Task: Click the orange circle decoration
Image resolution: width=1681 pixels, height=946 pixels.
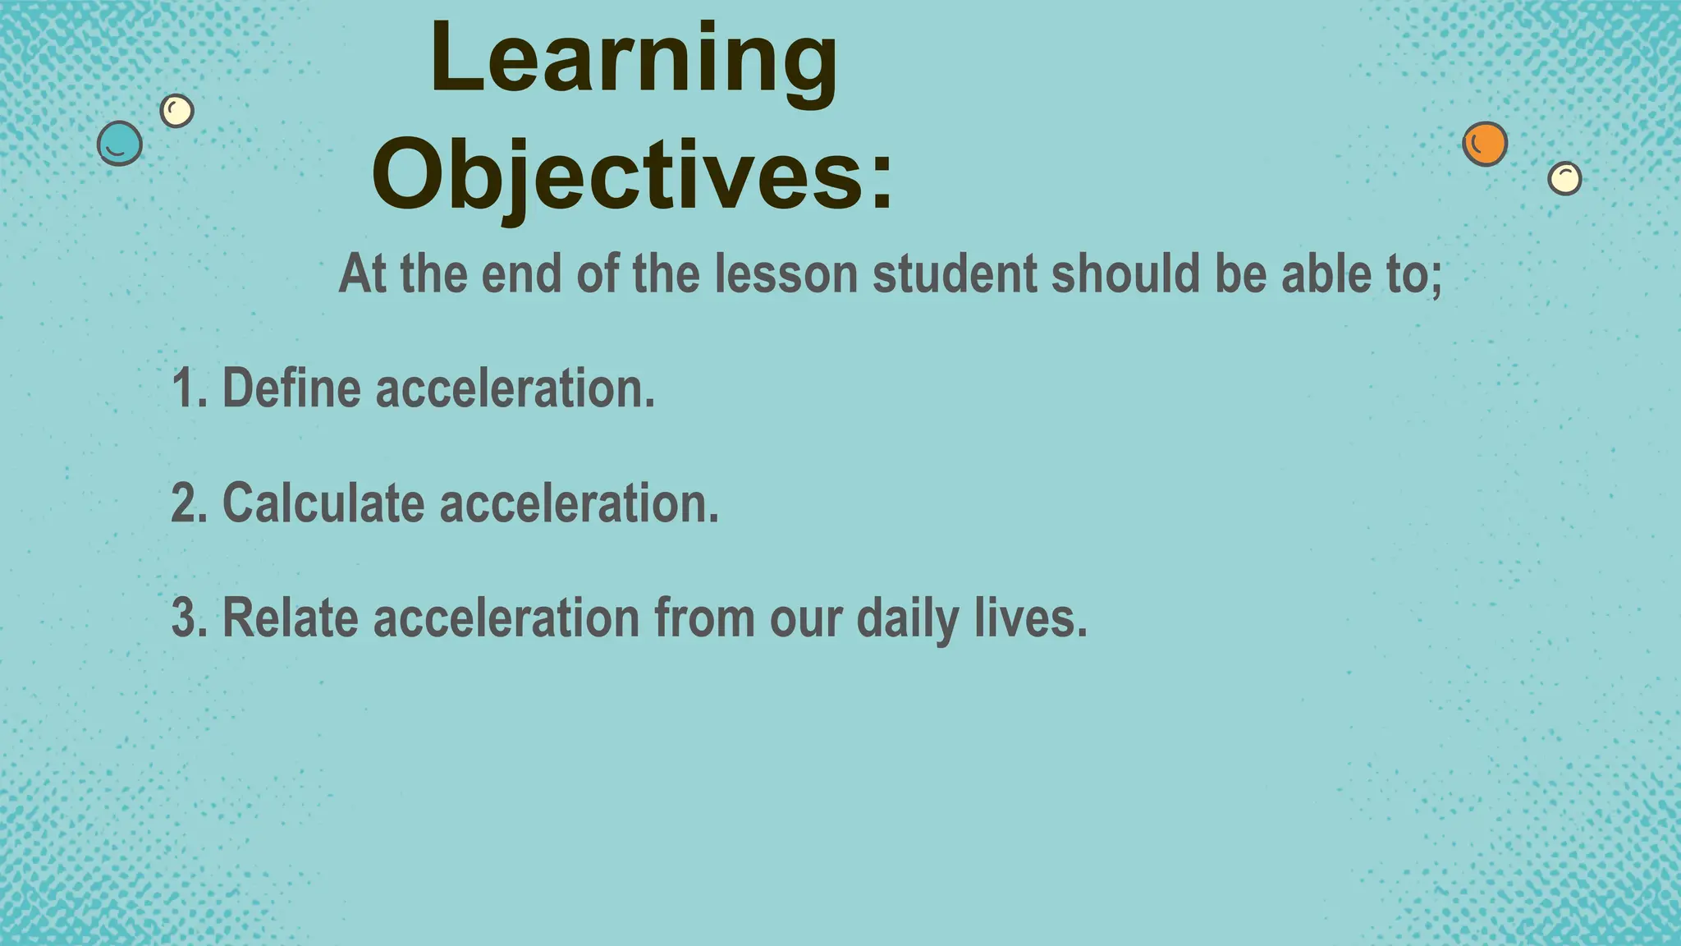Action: click(1485, 144)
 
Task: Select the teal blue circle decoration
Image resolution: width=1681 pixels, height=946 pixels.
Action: click(120, 143)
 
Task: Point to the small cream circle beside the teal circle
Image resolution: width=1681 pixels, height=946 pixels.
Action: click(176, 110)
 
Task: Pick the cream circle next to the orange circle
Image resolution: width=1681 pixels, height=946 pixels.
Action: click(1564, 177)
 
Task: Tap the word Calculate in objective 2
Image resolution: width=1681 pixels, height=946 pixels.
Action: click(323, 503)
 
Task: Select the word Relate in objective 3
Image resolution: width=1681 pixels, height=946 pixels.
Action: click(291, 618)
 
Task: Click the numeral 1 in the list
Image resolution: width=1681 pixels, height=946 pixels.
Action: click(184, 388)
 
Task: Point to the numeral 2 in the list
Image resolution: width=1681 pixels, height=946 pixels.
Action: click(184, 503)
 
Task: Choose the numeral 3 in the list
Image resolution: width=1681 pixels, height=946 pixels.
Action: click(184, 618)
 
